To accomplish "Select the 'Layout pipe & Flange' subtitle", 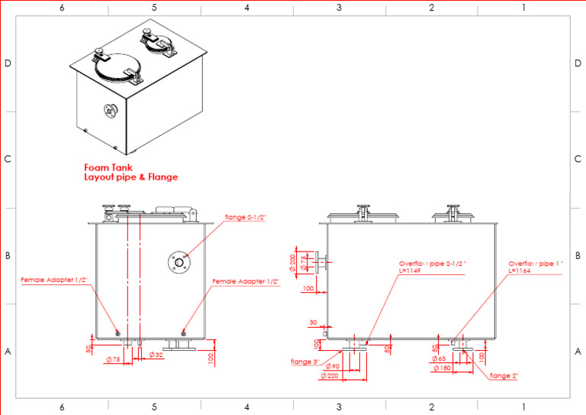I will pos(130,177).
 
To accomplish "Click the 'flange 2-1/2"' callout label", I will pos(246,218).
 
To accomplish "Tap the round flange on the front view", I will pos(179,262).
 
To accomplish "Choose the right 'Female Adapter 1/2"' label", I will pos(246,281).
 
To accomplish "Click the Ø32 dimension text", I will pos(156,355).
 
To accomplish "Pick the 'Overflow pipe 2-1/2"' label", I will pos(433,264).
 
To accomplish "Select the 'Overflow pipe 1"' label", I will pos(536,264).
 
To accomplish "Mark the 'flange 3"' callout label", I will pos(305,362).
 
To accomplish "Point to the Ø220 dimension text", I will pos(330,375).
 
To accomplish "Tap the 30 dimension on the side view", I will pos(314,322).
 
